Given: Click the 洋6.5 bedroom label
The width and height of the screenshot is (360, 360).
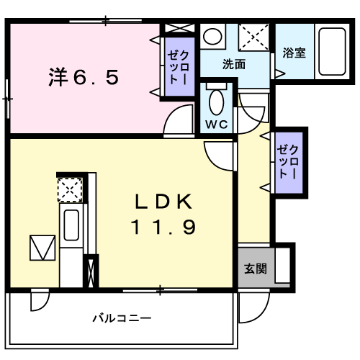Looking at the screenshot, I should [84, 75].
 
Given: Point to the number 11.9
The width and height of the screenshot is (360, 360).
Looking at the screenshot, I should [163, 228].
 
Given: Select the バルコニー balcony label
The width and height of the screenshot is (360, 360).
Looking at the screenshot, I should [121, 318].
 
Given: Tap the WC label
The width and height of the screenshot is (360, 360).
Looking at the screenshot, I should [216, 124].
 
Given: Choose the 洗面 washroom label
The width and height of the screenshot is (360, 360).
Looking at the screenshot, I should [233, 64].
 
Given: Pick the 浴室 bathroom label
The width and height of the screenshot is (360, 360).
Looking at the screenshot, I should [293, 53].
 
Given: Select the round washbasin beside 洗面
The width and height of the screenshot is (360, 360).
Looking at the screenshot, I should [212, 36].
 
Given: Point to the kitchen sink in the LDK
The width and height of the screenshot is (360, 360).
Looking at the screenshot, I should [72, 225].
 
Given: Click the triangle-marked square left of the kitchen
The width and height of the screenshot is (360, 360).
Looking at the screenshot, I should [41, 248].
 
